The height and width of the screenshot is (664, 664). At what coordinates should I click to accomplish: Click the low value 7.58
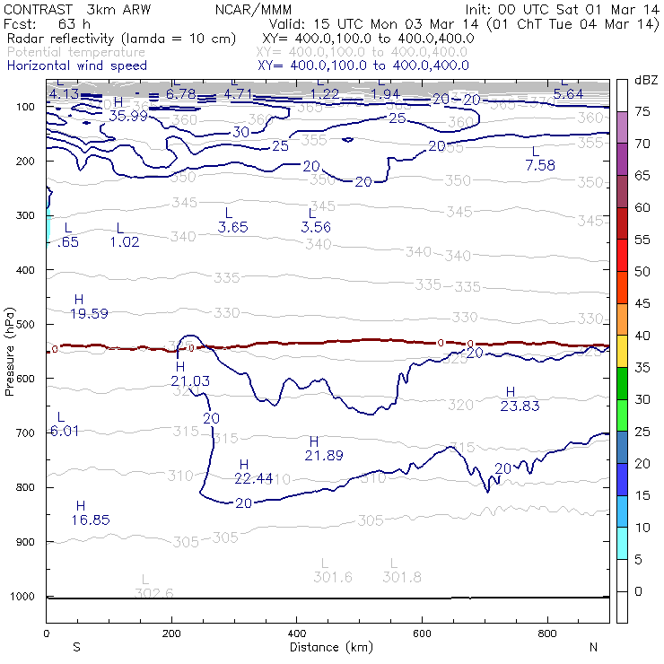[540, 165]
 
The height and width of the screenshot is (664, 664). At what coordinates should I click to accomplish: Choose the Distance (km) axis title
[328, 647]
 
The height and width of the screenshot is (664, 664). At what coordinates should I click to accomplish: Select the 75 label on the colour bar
[642, 112]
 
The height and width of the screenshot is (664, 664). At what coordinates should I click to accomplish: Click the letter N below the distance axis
[593, 647]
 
